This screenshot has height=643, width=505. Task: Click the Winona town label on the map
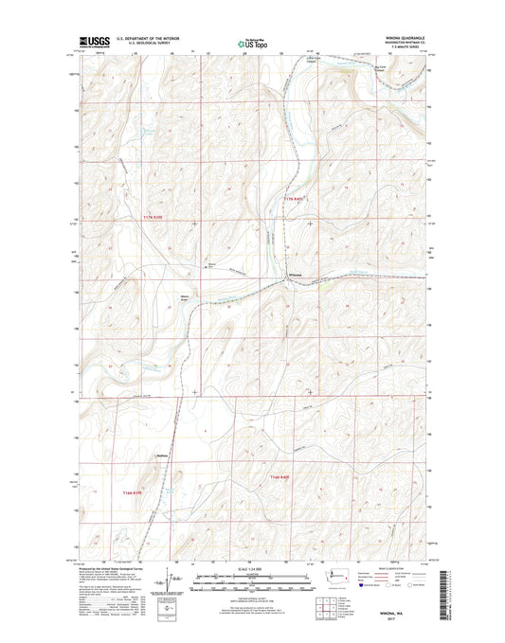295,276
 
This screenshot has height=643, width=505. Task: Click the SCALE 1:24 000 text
251,568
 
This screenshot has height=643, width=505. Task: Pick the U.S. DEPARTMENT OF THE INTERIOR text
150,38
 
